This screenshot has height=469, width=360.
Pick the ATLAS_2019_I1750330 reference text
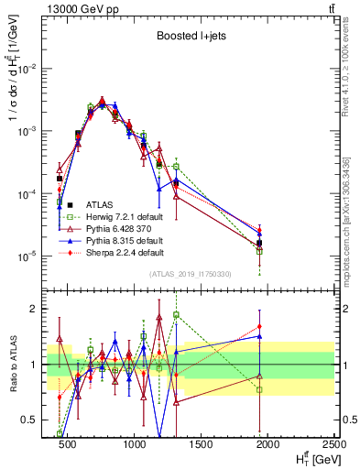(191, 273)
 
